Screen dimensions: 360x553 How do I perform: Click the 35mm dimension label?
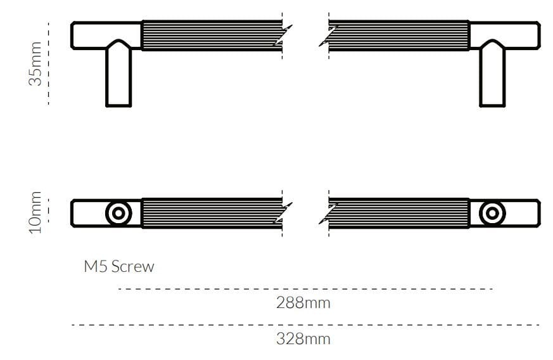[36, 63]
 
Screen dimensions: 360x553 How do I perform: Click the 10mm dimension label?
[36, 212]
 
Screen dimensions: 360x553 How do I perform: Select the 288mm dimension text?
[303, 302]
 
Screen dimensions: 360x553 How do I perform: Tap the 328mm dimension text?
[303, 338]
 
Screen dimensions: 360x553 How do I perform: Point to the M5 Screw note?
[119, 266]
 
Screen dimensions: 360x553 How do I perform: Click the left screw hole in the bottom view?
[118, 213]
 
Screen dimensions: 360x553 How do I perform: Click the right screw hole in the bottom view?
[492, 213]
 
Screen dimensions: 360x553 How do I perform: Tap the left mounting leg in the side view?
[118, 76]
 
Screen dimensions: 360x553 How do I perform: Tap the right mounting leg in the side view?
[492, 76]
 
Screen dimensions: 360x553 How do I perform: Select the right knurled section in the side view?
[399, 35]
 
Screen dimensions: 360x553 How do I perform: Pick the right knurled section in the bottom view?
[399, 213]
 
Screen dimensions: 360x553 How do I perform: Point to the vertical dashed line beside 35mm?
[49, 63]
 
